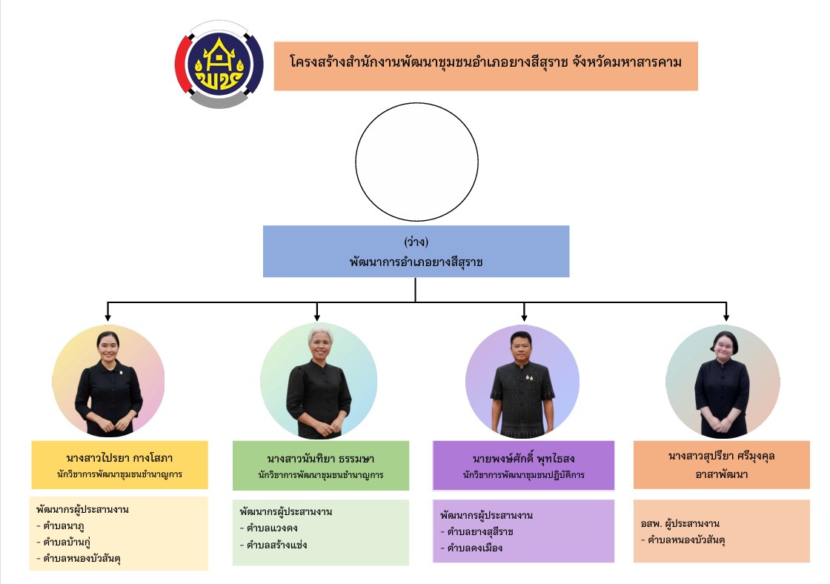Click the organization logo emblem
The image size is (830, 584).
click(x=219, y=64)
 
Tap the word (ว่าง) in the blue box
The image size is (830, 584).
click(x=416, y=242)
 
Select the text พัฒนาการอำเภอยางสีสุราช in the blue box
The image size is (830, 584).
click(x=416, y=262)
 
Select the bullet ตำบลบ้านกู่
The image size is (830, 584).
click(x=73, y=542)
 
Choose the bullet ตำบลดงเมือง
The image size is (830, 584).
click(x=474, y=548)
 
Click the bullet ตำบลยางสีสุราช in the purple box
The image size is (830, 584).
click(x=479, y=532)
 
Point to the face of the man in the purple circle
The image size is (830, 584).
click(x=522, y=348)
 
